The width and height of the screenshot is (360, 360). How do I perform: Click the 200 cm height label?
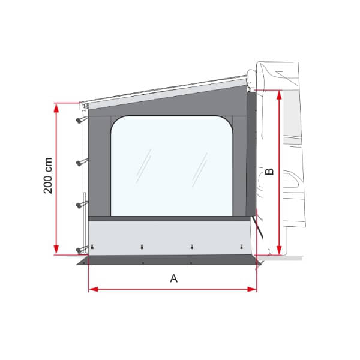(x=49, y=176)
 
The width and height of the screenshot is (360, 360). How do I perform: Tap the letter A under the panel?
(x=174, y=278)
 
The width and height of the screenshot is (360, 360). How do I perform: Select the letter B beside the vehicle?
(x=269, y=171)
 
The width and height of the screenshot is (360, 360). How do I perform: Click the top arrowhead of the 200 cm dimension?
(x=56, y=107)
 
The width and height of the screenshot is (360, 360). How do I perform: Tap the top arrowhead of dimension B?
(x=279, y=94)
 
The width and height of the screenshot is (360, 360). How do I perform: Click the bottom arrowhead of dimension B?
(x=279, y=251)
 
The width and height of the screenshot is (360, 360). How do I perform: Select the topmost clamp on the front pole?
(x=80, y=120)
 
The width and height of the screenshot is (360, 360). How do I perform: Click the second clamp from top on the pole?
(x=80, y=162)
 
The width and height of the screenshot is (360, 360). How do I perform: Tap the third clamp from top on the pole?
(x=80, y=205)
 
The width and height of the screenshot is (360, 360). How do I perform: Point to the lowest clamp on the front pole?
(x=80, y=248)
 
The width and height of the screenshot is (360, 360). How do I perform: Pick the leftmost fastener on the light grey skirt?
(x=93, y=247)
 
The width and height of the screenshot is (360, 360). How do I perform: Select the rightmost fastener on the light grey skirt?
(x=241, y=246)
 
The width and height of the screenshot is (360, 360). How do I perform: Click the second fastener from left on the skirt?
(x=142, y=246)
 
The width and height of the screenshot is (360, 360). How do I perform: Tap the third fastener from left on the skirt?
(x=191, y=246)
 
